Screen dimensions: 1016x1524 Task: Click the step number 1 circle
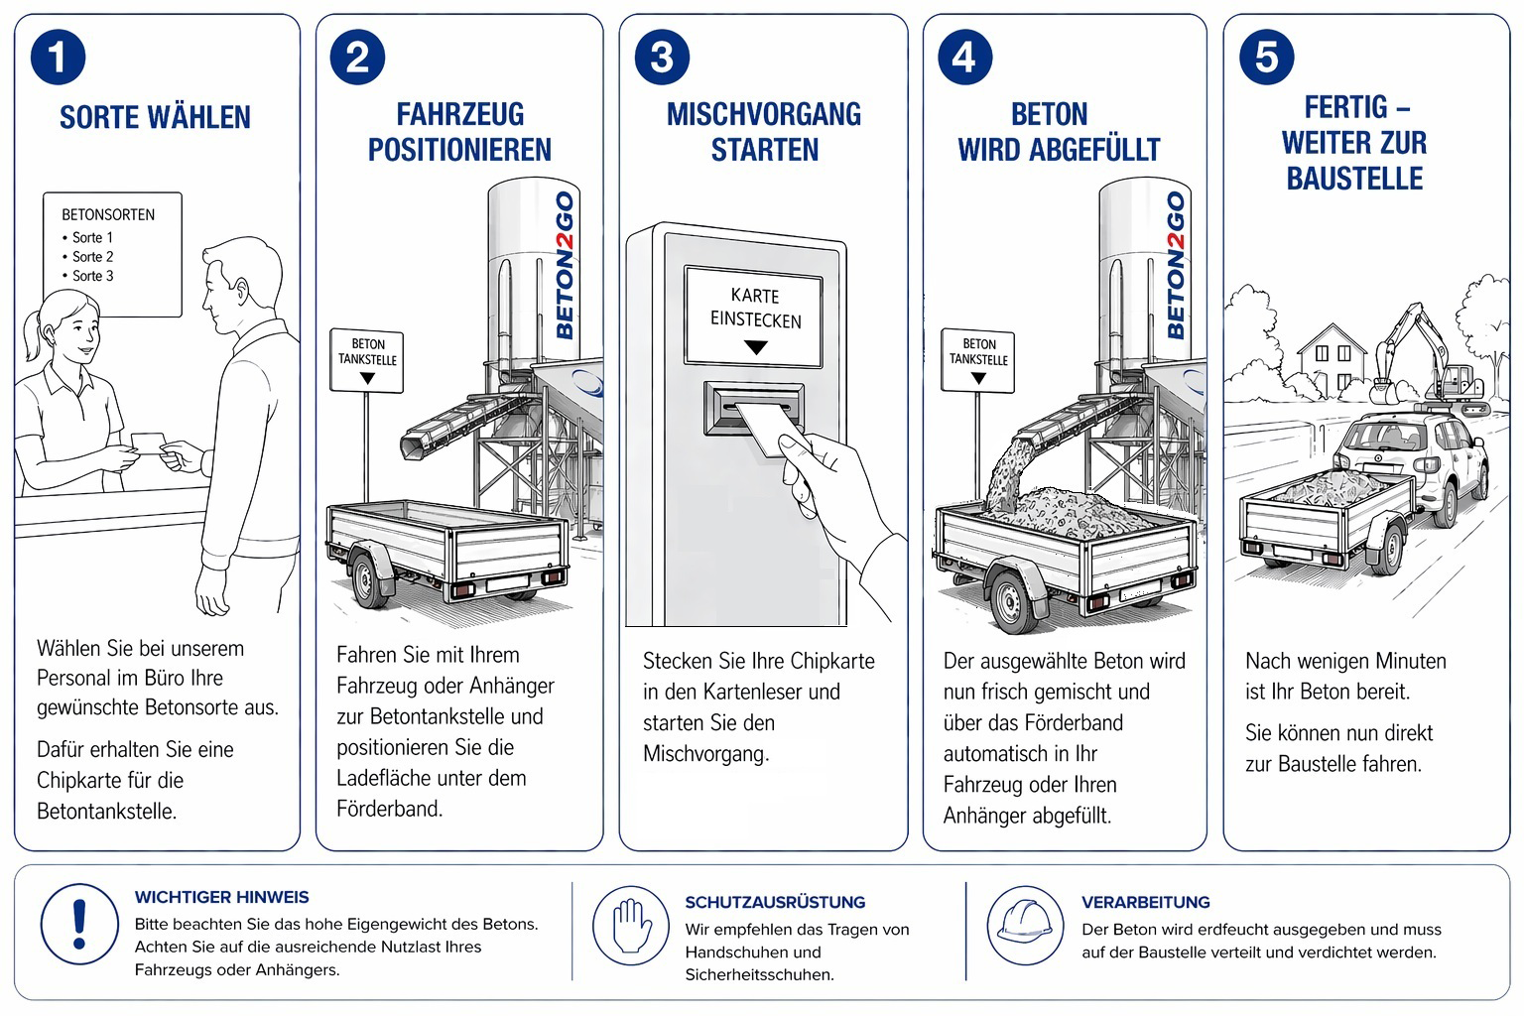58,57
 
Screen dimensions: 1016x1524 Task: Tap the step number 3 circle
662,57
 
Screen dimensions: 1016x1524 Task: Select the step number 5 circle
1267,57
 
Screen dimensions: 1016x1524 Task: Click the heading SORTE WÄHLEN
155,117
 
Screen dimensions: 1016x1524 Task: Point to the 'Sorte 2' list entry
92,256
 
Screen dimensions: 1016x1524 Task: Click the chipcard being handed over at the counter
147,443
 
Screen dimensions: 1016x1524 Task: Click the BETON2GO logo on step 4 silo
1176,265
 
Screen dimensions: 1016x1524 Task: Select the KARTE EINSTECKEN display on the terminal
754,316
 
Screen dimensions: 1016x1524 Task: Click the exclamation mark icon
79,925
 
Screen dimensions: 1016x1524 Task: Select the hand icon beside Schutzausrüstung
632,925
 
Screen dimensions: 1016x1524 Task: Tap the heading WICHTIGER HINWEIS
221,897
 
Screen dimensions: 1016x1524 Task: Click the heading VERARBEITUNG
1145,902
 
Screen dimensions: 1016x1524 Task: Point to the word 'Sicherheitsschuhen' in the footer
759,974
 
